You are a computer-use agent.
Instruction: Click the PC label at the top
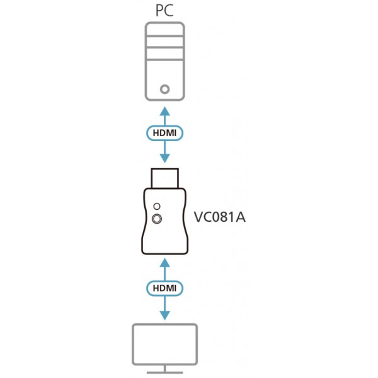(x=164, y=10)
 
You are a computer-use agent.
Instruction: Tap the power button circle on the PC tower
(x=165, y=89)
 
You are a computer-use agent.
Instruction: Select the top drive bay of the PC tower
(x=165, y=30)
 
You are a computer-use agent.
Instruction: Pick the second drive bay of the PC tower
(x=165, y=42)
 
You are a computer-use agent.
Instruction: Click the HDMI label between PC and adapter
(x=164, y=133)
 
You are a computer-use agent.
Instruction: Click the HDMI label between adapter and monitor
(x=164, y=288)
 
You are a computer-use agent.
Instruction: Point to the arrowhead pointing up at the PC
(x=165, y=111)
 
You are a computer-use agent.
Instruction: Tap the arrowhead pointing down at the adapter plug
(x=165, y=158)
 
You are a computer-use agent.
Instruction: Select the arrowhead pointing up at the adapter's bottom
(x=165, y=263)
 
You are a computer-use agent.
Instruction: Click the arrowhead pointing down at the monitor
(x=165, y=316)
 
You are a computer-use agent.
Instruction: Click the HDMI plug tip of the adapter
(x=165, y=178)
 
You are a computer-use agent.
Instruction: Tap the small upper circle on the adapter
(x=157, y=207)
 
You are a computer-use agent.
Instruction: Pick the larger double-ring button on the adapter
(x=157, y=219)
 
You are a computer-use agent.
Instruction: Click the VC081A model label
(x=220, y=217)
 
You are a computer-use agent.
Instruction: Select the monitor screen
(x=165, y=344)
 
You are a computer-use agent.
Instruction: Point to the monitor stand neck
(x=165, y=369)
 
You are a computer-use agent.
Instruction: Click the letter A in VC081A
(x=240, y=217)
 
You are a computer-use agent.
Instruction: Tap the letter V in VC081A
(x=199, y=217)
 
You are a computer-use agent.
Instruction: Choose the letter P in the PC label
(x=159, y=11)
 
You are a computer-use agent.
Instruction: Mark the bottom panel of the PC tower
(x=165, y=80)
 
